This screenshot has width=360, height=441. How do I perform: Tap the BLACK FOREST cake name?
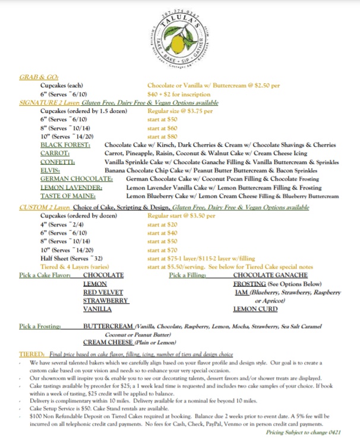point(65,145)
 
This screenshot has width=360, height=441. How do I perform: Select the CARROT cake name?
point(57,153)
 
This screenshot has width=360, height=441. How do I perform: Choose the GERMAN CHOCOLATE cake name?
point(76,178)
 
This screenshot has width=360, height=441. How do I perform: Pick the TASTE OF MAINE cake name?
point(69,195)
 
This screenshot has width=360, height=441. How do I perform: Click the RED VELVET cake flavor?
point(103,292)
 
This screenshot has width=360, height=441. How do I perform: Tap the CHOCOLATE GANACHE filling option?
point(269,275)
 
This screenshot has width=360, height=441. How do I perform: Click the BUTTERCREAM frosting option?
point(108,326)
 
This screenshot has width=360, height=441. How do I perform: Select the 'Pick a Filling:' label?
point(188,275)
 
